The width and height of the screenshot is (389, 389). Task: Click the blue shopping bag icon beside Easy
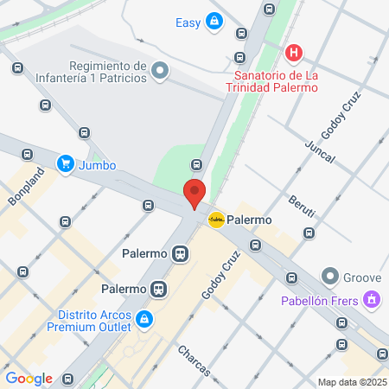214,22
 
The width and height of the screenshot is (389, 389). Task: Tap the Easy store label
188,22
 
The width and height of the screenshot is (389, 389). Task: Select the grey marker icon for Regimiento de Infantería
159,71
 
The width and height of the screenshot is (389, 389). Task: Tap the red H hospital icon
294,54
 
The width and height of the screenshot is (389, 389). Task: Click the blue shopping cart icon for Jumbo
65,163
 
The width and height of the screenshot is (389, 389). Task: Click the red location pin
194,193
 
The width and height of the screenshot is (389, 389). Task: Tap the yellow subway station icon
216,220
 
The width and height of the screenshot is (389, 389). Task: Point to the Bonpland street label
27,188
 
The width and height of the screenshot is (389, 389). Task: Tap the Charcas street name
194,360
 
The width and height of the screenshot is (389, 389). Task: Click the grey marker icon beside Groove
329,277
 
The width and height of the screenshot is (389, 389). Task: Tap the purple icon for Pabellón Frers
372,300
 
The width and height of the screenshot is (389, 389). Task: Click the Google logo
29,378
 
